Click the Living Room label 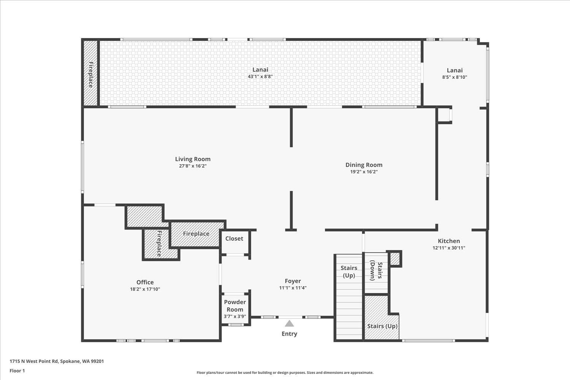point(193,159)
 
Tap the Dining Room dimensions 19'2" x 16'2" point(364,172)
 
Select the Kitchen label point(449,241)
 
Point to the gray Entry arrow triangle point(290,323)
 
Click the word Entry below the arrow point(289,334)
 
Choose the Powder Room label point(235,306)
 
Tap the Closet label point(234,239)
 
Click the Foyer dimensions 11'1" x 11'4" point(293,288)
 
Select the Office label point(145,282)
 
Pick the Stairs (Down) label point(376,270)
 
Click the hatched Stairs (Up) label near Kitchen point(382,326)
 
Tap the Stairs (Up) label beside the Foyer point(349,271)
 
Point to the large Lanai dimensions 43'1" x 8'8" point(260,76)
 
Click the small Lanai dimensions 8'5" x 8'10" point(454,77)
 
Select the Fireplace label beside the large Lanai point(91,74)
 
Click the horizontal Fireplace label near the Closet point(196,234)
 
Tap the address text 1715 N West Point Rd point(57,361)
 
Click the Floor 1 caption point(17,370)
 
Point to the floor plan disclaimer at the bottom point(285,373)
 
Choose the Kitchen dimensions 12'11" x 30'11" point(449,248)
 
